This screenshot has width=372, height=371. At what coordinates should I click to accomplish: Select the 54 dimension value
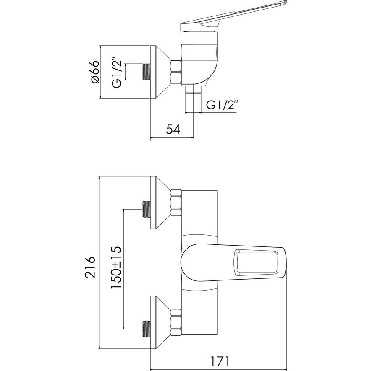(x=173, y=130)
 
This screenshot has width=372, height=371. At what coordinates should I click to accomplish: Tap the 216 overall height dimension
(x=90, y=267)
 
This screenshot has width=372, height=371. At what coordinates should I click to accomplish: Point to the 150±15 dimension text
(x=116, y=267)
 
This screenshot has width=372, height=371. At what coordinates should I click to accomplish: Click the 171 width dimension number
(x=220, y=361)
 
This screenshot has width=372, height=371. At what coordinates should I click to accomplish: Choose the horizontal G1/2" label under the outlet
(x=222, y=105)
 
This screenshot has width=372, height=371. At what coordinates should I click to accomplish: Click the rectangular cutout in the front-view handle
(x=256, y=263)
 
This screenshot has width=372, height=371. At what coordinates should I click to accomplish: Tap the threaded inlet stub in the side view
(x=146, y=72)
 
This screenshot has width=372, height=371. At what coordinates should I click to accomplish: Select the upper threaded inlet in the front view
(x=146, y=209)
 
